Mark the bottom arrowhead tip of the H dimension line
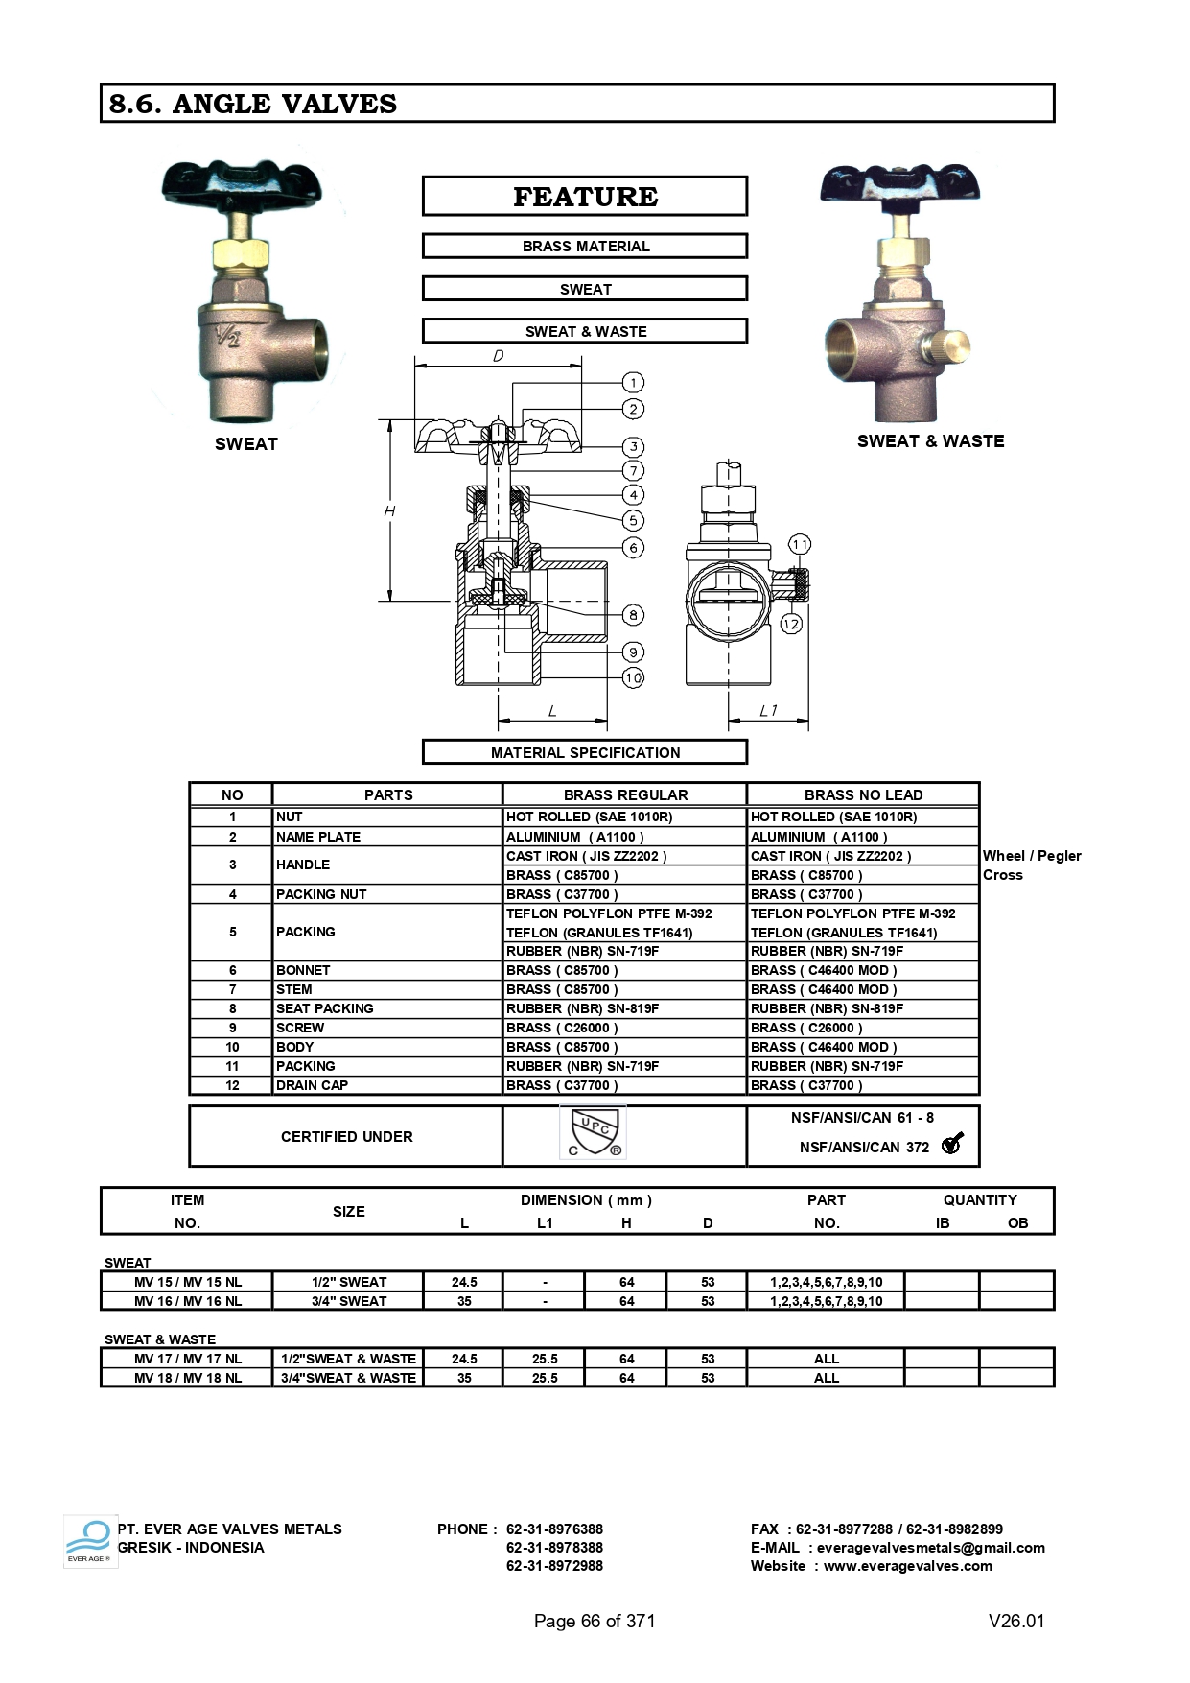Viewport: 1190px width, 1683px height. click(390, 601)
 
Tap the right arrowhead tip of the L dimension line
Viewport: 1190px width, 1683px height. click(608, 720)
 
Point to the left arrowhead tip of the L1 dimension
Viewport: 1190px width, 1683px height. click(729, 720)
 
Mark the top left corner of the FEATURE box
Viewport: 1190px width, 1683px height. click(423, 177)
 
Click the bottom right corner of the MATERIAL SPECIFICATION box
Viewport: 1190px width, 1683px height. click(747, 764)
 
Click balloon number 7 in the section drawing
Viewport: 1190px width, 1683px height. click(633, 470)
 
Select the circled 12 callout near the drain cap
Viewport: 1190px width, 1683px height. click(791, 624)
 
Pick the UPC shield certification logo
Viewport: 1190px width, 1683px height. click(593, 1132)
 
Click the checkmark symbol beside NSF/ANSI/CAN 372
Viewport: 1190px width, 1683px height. click(952, 1143)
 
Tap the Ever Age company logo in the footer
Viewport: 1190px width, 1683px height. click(89, 1542)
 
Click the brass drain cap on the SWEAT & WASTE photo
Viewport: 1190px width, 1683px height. click(949, 344)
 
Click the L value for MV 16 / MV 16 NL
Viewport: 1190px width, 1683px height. click(464, 1301)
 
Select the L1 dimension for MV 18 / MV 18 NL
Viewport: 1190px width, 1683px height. click(545, 1378)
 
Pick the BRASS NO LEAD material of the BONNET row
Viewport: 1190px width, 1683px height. click(824, 970)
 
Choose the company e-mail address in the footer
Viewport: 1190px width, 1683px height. click(930, 1548)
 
